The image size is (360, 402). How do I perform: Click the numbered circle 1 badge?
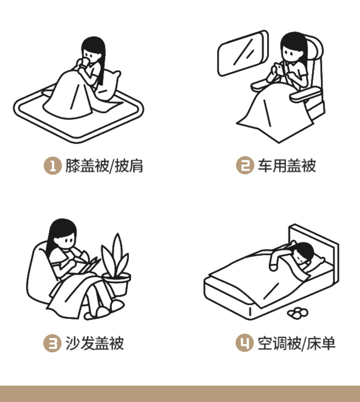(x=52, y=166)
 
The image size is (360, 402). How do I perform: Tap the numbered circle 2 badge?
(x=245, y=165)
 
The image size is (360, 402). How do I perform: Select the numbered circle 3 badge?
(x=52, y=343)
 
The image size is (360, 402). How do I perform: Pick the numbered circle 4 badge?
(x=245, y=343)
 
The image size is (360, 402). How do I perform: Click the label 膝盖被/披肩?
(x=104, y=166)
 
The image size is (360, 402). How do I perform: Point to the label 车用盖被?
(x=287, y=165)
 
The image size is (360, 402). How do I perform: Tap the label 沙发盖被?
(x=95, y=343)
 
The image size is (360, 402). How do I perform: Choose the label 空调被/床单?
(x=297, y=343)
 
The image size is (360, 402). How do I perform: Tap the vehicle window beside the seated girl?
(x=243, y=53)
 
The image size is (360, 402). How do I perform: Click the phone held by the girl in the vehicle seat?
(x=278, y=69)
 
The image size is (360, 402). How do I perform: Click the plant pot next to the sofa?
(x=117, y=283)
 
